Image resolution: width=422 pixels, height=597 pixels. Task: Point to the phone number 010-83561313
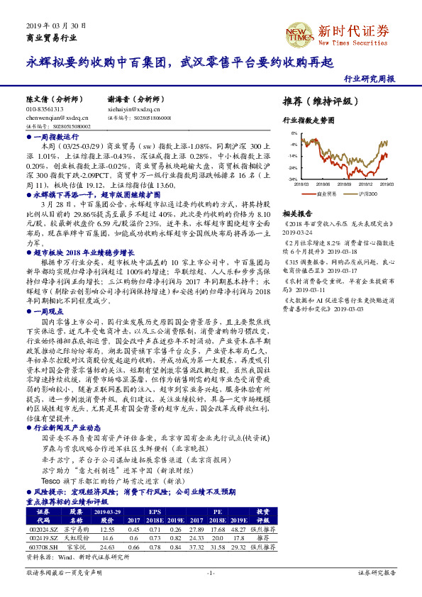(x=45, y=110)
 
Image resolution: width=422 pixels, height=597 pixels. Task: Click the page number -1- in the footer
(x=210, y=571)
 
